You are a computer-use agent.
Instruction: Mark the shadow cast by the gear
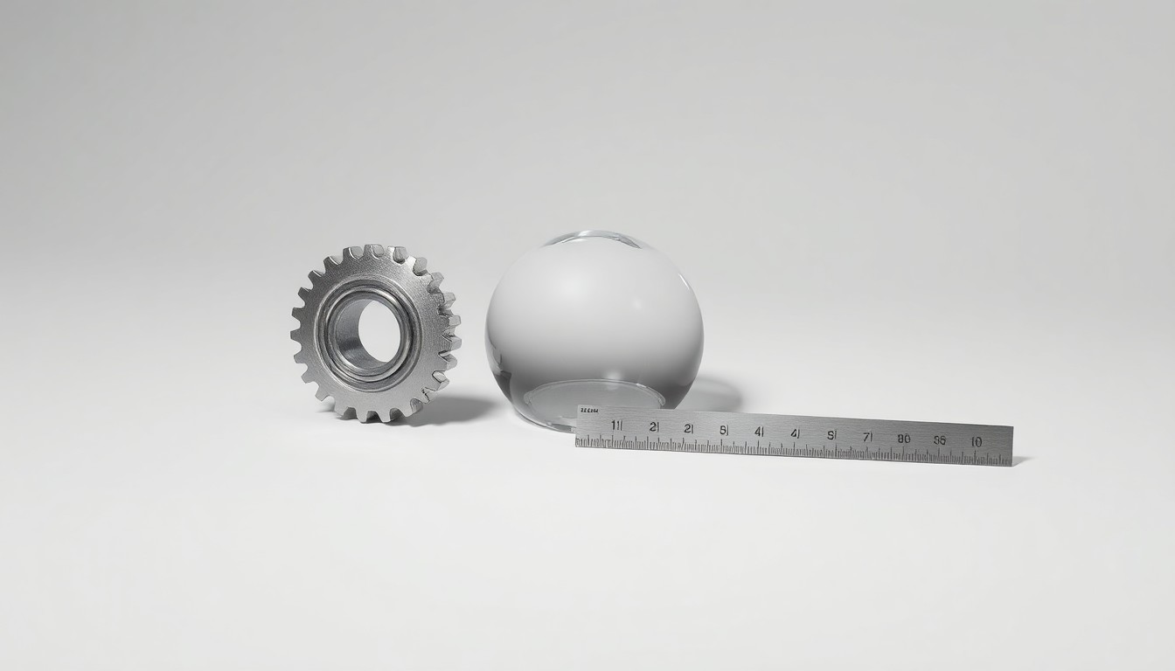pos(455,409)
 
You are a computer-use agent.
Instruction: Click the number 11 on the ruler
pos(616,425)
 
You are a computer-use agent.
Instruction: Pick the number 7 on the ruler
pos(867,436)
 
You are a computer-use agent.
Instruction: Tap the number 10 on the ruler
pos(975,441)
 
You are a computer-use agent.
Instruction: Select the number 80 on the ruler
pos(903,438)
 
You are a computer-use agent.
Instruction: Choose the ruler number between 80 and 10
pos(939,439)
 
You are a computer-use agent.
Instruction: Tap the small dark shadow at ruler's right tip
pos(1019,460)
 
